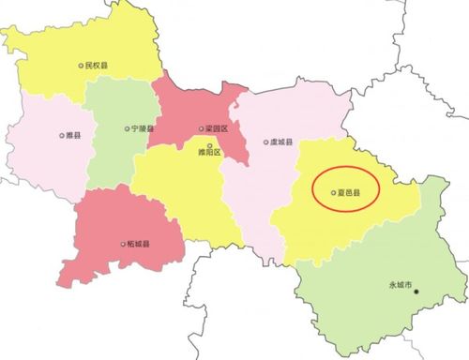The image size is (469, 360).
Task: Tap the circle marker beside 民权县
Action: click(x=80, y=67)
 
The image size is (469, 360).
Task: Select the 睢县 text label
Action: click(x=70, y=135)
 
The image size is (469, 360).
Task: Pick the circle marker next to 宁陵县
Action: click(x=128, y=128)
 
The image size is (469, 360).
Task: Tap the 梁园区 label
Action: click(x=215, y=129)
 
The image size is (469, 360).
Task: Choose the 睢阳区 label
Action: click(x=209, y=152)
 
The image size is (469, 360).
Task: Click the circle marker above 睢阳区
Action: click(x=209, y=143)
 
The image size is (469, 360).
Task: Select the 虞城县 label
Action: click(x=281, y=142)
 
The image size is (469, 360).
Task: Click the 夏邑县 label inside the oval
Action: click(x=349, y=193)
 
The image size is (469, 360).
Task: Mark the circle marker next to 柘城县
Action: click(x=122, y=245)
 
